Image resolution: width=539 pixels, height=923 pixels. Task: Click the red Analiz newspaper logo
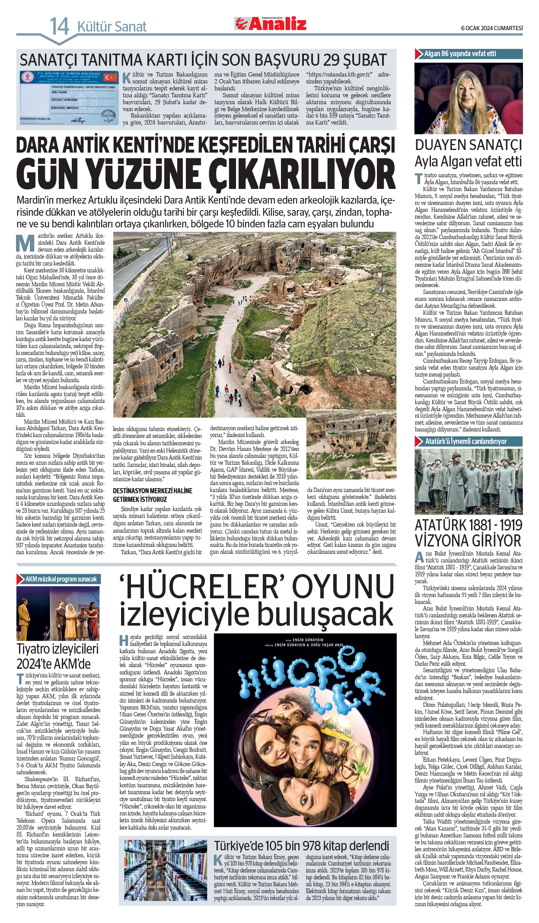tap(271, 24)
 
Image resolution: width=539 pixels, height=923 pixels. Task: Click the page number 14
tap(59, 26)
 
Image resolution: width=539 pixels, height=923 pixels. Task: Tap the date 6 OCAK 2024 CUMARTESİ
tap(491, 28)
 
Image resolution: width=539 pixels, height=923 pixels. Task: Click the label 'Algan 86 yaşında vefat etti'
tap(460, 54)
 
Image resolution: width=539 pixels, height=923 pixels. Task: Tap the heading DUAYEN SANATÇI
tap(469, 145)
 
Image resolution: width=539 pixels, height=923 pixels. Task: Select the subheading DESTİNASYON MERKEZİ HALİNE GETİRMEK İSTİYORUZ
tap(153, 495)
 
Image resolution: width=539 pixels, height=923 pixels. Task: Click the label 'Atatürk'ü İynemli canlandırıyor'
tap(466, 441)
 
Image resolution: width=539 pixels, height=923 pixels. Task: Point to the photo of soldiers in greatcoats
tap(469, 481)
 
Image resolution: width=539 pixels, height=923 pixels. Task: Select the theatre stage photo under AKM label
tap(58, 613)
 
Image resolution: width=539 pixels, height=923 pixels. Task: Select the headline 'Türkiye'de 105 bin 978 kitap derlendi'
tap(301, 846)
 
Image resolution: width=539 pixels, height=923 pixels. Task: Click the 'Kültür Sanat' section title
tap(112, 27)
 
